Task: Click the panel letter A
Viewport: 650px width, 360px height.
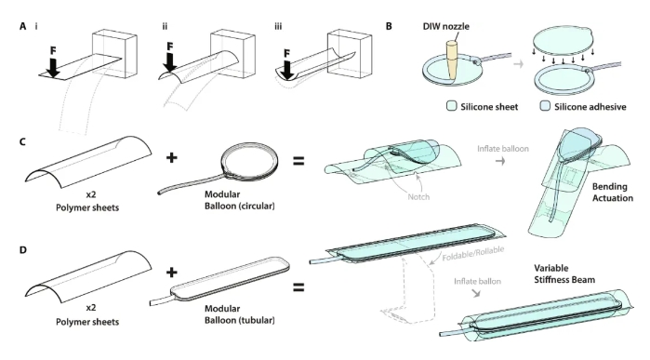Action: click(23, 27)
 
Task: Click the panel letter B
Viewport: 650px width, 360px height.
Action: click(389, 26)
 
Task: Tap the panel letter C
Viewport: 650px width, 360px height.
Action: click(23, 141)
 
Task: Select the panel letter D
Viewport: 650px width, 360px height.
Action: click(23, 249)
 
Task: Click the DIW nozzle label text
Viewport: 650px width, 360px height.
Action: click(446, 26)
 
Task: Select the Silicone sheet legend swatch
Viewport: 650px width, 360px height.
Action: click(452, 106)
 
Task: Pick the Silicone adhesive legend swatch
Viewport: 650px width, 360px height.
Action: click(545, 106)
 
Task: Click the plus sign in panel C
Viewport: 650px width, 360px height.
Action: click(172, 157)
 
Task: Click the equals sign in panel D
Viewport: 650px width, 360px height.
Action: click(298, 287)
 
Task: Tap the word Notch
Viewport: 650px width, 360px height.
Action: click(418, 197)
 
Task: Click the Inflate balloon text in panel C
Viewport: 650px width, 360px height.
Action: click(503, 149)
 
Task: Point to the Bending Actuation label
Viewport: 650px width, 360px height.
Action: click(612, 192)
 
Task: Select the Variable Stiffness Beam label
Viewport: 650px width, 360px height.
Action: click(564, 273)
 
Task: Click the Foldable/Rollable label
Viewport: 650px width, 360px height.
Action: click(473, 253)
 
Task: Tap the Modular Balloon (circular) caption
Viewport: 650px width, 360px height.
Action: click(240, 200)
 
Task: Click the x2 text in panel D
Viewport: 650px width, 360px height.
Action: click(91, 308)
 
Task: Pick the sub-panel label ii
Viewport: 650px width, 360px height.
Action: click(165, 27)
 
